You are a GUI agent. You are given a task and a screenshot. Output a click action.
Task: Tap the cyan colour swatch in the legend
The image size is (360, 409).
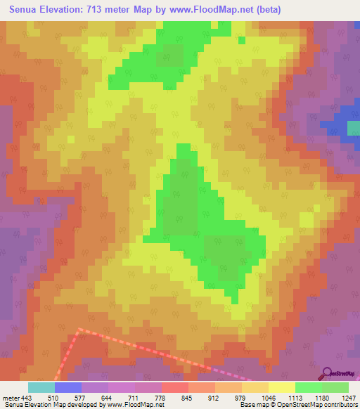(41, 387)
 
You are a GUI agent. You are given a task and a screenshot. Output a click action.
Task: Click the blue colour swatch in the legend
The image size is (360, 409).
(68, 387)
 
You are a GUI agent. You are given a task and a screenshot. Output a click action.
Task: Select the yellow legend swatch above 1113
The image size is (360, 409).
(282, 387)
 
